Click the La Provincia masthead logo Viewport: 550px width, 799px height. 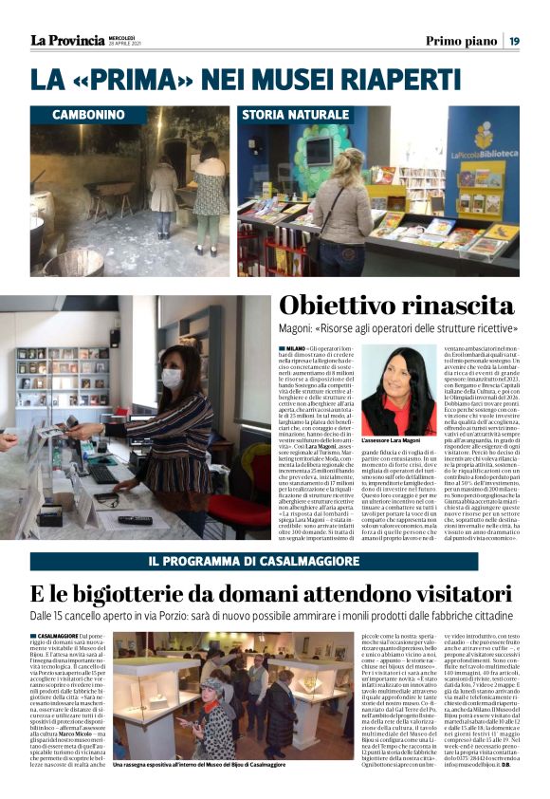pyautogui.click(x=66, y=40)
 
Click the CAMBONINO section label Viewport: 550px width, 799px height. pyautogui.click(x=88, y=114)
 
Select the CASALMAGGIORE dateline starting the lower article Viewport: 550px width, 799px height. pyautogui.click(x=58, y=636)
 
